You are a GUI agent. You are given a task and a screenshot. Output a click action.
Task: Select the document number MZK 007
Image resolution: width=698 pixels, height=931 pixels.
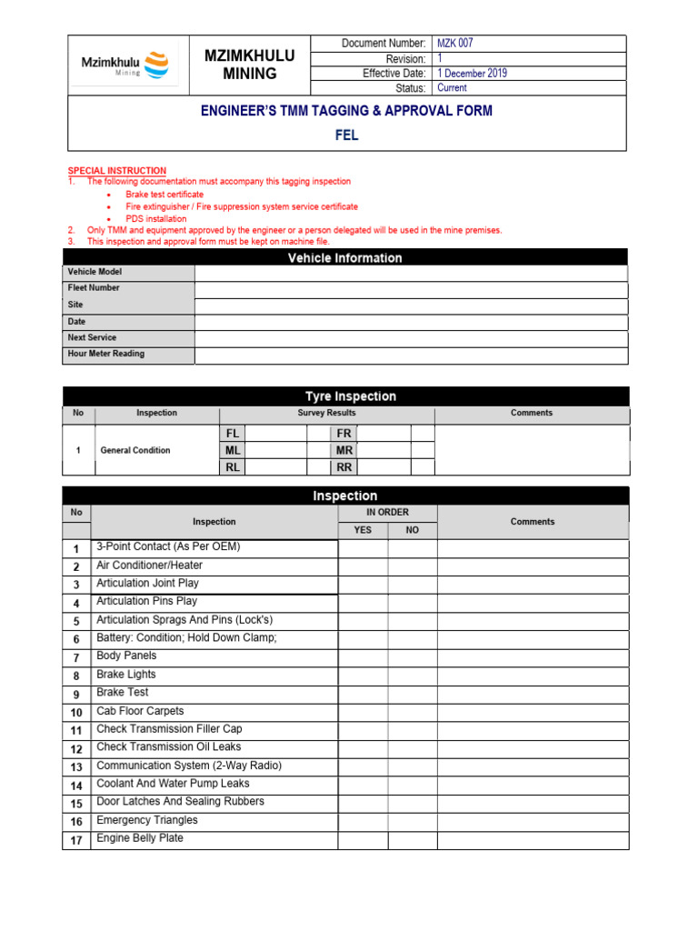454,44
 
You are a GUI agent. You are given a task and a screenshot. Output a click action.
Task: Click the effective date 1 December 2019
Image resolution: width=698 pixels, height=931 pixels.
472,74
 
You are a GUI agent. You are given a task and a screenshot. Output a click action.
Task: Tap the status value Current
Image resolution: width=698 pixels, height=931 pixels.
452,88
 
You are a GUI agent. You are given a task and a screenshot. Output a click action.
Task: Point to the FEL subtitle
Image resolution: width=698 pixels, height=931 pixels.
346,135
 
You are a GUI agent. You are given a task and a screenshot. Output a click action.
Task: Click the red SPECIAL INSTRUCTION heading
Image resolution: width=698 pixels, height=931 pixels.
117,171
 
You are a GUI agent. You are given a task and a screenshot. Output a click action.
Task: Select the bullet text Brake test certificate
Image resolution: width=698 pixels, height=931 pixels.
165,195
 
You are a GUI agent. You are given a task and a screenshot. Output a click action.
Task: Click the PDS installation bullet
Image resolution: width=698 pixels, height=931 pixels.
156,219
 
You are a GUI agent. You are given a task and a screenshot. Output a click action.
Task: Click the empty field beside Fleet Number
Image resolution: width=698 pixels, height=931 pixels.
410,289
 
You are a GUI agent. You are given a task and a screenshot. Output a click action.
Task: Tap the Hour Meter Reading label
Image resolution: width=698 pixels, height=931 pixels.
106,354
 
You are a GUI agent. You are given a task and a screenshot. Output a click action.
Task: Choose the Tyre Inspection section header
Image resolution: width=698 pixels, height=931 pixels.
350,396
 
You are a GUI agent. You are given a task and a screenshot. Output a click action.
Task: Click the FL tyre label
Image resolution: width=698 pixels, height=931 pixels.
233,434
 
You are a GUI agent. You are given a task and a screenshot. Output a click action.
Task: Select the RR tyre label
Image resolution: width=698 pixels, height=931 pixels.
344,467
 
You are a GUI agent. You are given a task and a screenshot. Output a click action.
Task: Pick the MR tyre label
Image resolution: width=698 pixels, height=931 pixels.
344,450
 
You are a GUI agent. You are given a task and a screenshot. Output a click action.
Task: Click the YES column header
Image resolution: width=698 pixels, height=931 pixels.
363,530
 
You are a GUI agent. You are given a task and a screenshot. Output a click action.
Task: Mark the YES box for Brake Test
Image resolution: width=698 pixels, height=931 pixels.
363,694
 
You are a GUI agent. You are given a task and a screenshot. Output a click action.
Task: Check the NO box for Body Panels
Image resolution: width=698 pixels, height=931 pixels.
413,657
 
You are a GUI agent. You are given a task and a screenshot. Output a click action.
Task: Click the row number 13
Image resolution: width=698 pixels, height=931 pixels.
76,767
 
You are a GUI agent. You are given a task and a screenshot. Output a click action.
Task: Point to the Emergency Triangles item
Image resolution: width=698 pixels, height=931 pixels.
147,820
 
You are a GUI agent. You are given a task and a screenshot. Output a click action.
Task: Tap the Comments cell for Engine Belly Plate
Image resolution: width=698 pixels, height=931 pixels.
533,839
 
